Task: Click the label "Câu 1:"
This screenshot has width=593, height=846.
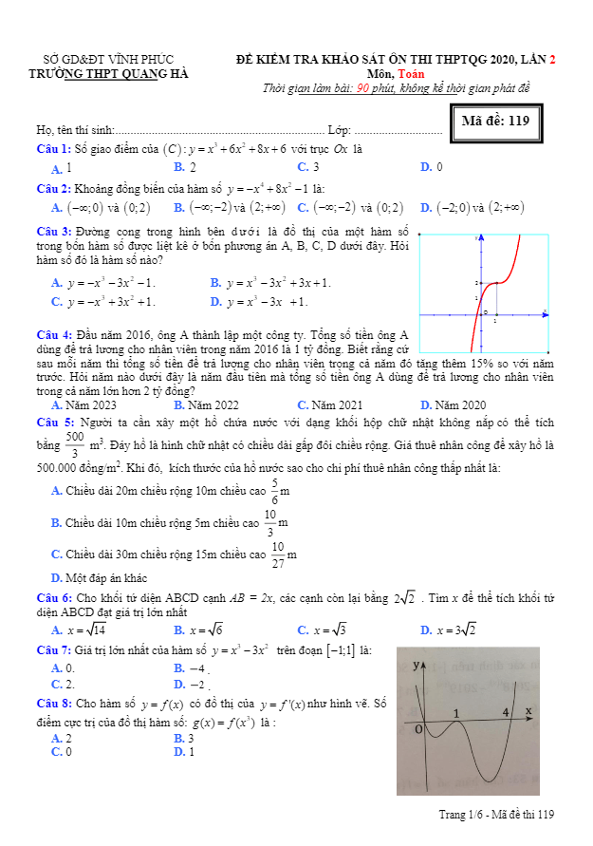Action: point(53,148)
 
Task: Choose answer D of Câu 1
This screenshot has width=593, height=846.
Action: point(432,167)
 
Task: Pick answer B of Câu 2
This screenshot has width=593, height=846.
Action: point(228,208)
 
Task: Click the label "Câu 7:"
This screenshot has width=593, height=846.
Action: point(53,650)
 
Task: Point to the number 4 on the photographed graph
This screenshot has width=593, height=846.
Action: point(505,712)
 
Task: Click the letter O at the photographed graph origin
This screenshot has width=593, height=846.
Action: point(418,728)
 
